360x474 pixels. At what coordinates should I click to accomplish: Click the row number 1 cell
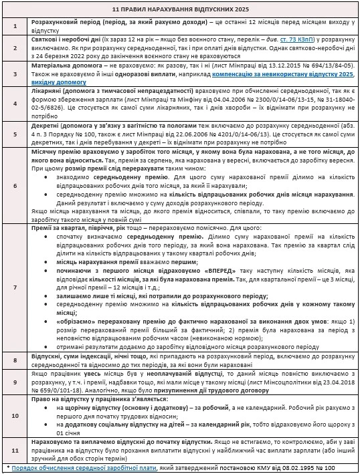pos(15,27)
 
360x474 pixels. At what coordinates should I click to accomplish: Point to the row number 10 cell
pos(15,415)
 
